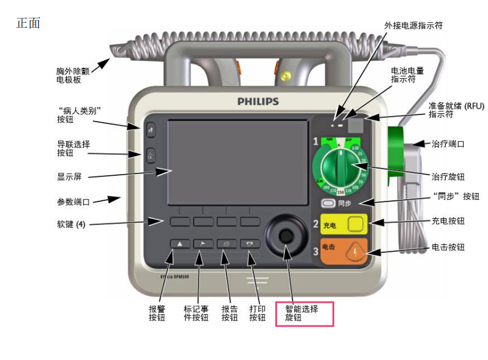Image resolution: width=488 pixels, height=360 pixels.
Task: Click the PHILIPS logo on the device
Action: pos(258,101)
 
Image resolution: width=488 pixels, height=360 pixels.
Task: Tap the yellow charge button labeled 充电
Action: pos(355,225)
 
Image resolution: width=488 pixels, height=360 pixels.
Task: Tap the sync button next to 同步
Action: pos(327,203)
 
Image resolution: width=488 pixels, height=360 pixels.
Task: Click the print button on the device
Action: pos(250,244)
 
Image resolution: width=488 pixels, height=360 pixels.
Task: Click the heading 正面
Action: pos(28,24)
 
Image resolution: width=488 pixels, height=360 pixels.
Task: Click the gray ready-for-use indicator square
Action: pos(356,125)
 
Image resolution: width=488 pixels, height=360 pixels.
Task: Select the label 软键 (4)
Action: pos(66,225)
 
